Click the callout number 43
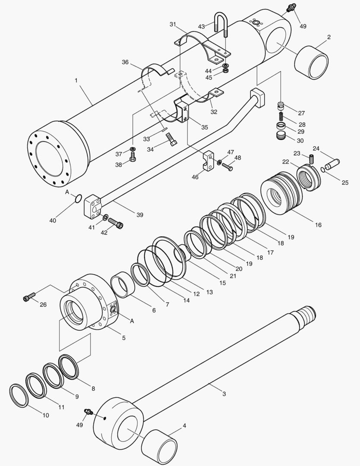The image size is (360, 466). pyautogui.click(x=201, y=27)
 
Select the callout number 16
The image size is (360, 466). pyautogui.click(x=318, y=225)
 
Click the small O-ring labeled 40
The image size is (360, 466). pyautogui.click(x=78, y=198)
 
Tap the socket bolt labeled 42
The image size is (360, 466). pyautogui.click(x=116, y=223)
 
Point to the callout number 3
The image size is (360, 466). pyautogui.click(x=224, y=394)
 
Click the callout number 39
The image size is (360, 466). pyautogui.click(x=140, y=215)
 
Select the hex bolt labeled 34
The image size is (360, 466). pyautogui.click(x=171, y=140)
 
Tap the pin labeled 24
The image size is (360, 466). pyautogui.click(x=333, y=163)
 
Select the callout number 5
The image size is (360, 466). pyautogui.click(x=123, y=338)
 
